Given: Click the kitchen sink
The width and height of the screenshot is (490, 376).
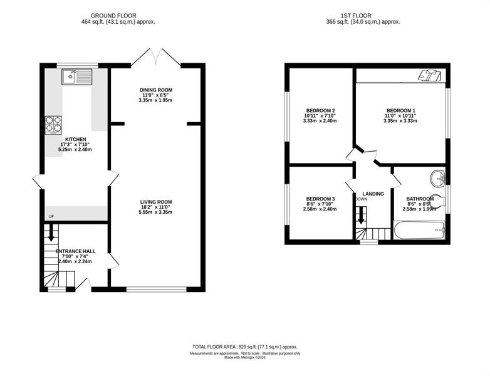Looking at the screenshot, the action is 77,77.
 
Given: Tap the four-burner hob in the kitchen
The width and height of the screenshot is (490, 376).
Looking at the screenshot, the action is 53,125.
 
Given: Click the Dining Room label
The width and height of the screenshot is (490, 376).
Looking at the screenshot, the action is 156,90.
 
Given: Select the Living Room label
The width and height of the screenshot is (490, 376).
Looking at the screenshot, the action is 156,202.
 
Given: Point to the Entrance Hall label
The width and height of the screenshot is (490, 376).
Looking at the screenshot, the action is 76,251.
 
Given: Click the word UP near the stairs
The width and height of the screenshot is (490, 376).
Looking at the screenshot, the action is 51,216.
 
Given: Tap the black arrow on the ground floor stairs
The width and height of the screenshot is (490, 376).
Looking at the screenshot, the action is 51,233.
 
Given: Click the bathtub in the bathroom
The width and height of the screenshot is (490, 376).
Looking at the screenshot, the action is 419,231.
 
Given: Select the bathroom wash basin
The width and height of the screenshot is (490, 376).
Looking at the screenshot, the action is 437,179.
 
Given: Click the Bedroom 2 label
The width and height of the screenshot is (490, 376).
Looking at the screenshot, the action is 321,111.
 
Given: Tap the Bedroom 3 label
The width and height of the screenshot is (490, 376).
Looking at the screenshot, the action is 321,199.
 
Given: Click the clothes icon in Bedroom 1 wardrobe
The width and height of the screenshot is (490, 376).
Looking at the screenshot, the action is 430,76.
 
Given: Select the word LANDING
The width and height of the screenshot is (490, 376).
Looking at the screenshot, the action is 373,194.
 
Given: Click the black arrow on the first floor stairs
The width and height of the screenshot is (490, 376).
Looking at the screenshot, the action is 361,216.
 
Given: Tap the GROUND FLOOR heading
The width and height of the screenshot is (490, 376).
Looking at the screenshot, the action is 113,16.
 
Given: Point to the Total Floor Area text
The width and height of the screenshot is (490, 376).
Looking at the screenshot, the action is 245,347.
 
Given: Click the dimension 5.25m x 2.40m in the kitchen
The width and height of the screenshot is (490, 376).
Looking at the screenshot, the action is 75,150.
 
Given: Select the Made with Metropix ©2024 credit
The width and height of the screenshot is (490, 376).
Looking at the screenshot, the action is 245,358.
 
